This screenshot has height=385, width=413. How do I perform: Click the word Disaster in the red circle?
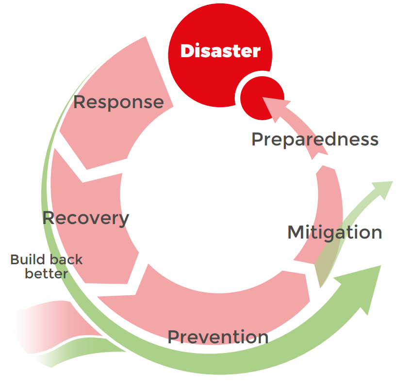click(220, 51)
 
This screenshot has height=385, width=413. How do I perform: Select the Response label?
click(118, 102)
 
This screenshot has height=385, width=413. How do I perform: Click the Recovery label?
click(85, 218)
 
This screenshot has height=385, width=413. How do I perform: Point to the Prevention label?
click(218, 337)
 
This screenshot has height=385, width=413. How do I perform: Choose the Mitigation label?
click(334, 232)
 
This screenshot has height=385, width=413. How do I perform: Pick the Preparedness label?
click(314, 139)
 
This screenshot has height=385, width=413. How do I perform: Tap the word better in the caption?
click(46, 273)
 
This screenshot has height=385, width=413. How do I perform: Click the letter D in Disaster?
click(187, 51)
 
